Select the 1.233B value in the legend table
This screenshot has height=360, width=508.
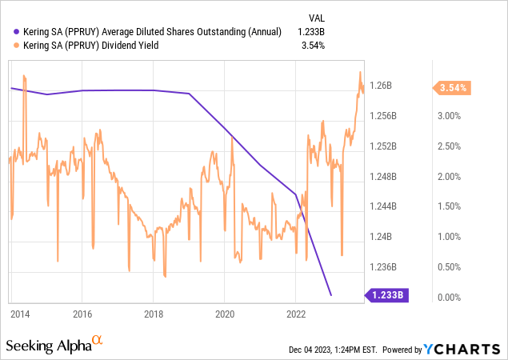tap(311, 32)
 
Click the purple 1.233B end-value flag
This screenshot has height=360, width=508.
tap(387, 295)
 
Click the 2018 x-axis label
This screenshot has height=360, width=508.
tap(154, 313)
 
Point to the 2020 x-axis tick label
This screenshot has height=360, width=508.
tap(225, 313)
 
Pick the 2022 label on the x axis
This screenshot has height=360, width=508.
tap(296, 313)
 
